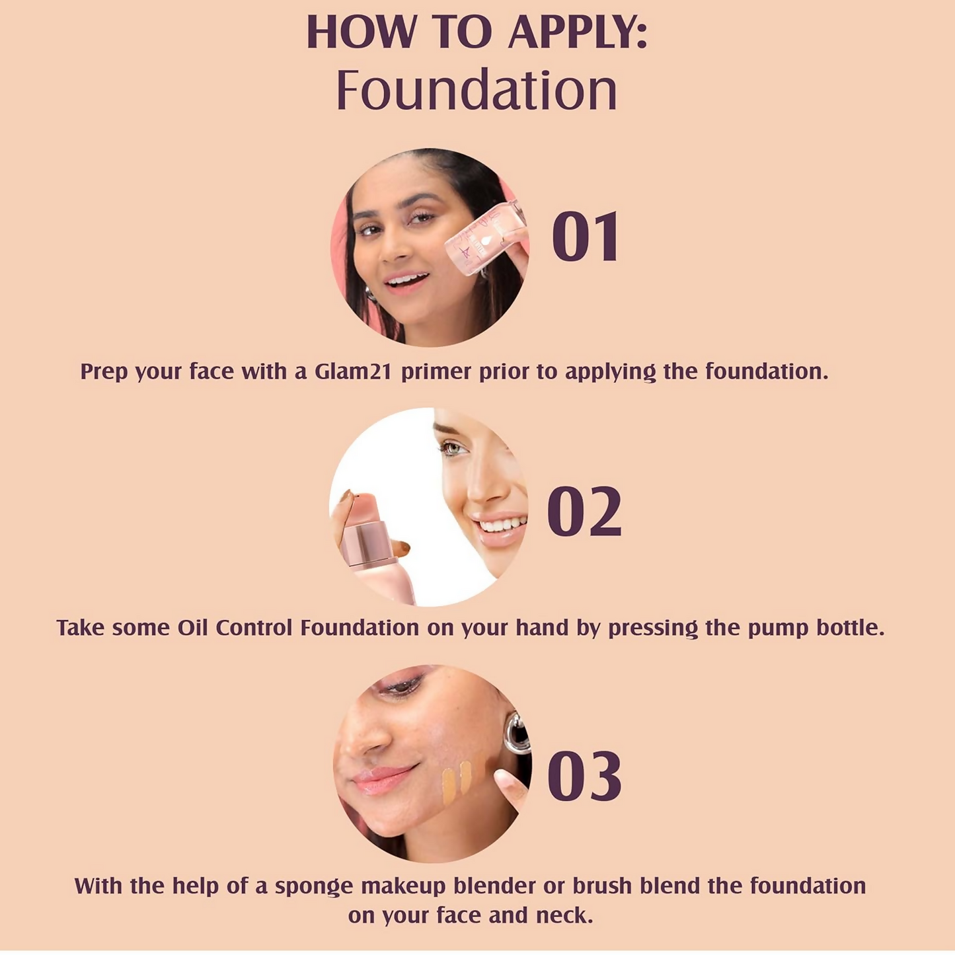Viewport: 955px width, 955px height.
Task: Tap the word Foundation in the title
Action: pos(477,91)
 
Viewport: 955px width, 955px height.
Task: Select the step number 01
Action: pos(586,237)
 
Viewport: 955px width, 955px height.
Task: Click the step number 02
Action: pos(584,511)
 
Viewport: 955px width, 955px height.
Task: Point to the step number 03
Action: pos(584,776)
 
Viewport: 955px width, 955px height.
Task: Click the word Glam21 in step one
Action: pos(354,371)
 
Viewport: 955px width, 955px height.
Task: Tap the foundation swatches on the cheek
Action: pos(457,777)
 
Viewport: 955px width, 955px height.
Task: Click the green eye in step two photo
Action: pos(454,449)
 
